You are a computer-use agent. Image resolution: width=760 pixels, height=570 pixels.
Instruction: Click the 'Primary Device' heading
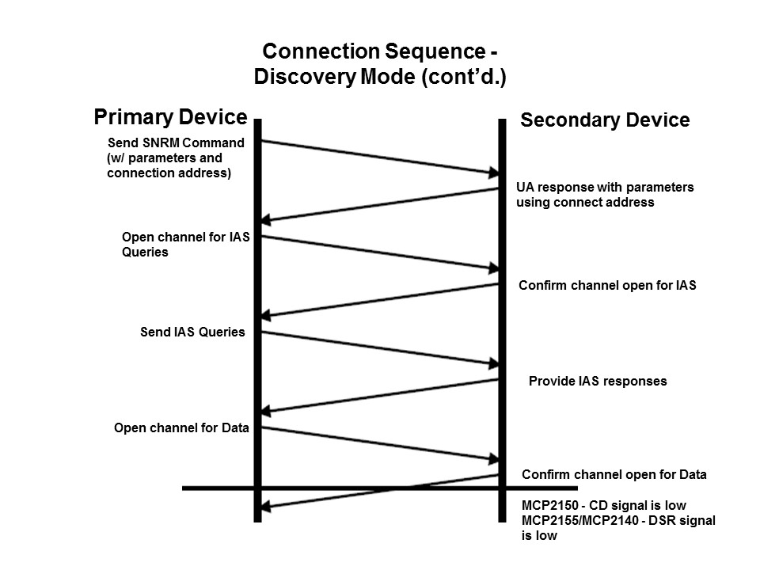tap(170, 117)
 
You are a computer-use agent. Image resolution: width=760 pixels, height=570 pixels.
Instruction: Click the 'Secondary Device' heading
tap(605, 120)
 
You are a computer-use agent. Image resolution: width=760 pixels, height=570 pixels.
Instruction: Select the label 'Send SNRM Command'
tap(175, 142)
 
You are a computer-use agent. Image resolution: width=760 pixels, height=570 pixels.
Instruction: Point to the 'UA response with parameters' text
tap(605, 188)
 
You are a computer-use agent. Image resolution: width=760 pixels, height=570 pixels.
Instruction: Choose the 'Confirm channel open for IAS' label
tap(607, 285)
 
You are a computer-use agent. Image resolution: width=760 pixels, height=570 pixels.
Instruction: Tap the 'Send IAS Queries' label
tap(192, 332)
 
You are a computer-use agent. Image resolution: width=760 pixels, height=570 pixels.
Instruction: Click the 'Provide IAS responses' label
tap(598, 381)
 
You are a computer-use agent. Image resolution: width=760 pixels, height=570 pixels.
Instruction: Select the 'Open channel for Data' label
tap(181, 427)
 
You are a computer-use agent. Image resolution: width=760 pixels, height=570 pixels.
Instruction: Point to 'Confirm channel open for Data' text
tap(614, 475)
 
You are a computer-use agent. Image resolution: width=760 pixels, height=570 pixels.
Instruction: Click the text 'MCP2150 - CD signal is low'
tap(603, 505)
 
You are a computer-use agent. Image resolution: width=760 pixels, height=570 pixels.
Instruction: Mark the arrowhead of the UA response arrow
tap(268, 221)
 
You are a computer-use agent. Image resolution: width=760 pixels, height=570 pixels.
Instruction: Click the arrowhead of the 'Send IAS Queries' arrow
tap(492, 363)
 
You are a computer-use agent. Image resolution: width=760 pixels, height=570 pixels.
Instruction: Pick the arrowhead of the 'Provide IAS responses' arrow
tap(268, 411)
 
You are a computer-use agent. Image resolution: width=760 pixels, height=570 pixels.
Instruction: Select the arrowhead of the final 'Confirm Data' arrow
tap(268, 507)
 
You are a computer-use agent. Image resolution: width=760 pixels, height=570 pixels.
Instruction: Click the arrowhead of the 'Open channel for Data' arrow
tap(492, 458)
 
